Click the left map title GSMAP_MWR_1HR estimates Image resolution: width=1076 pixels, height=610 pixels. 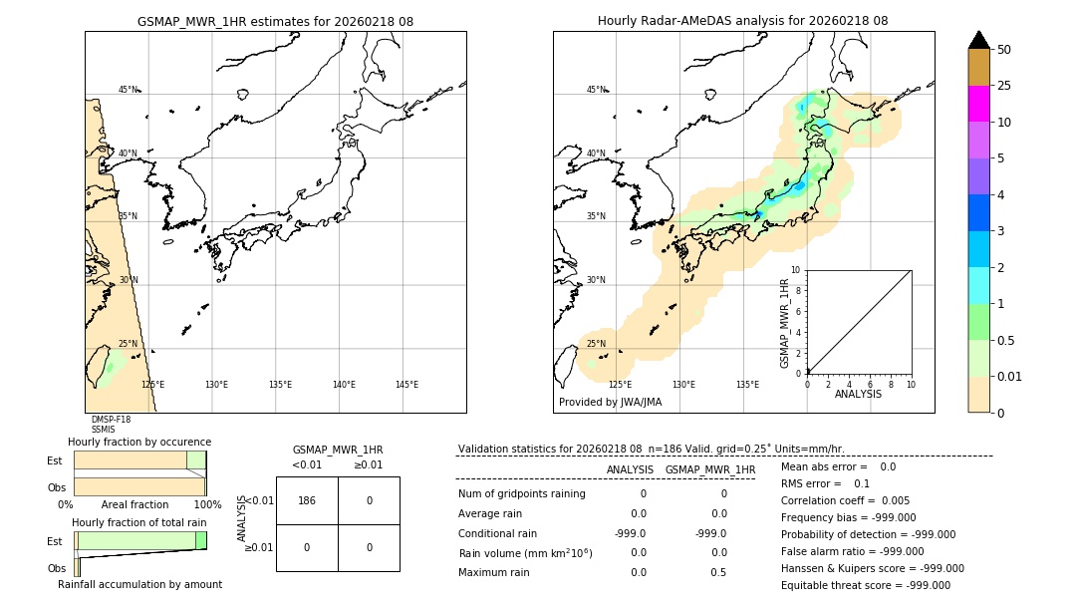(x=275, y=21)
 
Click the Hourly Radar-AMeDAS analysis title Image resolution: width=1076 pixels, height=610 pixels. (x=742, y=21)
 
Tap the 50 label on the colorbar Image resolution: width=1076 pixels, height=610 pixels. (x=1004, y=50)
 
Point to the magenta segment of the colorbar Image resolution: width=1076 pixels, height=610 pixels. (x=978, y=104)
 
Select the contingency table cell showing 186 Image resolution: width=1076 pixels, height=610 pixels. (x=307, y=500)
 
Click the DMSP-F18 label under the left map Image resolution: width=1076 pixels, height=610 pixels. (x=111, y=420)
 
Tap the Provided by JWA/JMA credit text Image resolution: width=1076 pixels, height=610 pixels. (x=610, y=402)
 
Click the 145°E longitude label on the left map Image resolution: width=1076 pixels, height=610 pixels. (x=406, y=385)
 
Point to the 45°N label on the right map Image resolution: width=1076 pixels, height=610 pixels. (x=596, y=90)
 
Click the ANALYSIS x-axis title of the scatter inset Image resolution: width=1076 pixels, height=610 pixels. (x=858, y=394)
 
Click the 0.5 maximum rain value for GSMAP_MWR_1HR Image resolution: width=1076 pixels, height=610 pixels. (x=723, y=572)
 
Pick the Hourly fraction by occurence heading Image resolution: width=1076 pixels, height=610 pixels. (x=139, y=442)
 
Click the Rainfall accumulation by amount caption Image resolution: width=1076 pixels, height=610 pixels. (x=139, y=584)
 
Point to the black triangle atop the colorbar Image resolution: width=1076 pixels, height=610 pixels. (x=978, y=40)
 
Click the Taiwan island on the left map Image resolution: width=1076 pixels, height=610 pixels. (x=101, y=368)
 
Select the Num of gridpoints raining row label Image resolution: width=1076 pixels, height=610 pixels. (x=522, y=493)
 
